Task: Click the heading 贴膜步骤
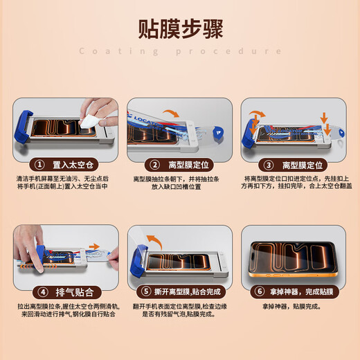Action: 180,29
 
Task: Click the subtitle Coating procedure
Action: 180,51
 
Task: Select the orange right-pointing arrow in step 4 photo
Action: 95,246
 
